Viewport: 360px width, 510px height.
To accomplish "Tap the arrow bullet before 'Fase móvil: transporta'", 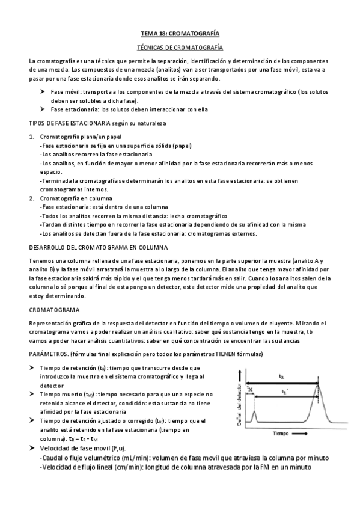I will pyautogui.click(x=43, y=91).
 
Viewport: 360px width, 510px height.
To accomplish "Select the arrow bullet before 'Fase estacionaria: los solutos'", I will pyautogui.click(x=43, y=109).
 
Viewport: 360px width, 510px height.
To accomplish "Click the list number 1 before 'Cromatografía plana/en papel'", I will pyautogui.click(x=31, y=137).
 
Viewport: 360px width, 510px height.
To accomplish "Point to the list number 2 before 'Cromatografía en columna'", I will pyautogui.click(x=31, y=198).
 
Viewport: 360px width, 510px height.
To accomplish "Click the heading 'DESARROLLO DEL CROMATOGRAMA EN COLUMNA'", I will pyautogui.click(x=90, y=247).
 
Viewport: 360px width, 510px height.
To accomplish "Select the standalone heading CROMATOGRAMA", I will pyautogui.click(x=55, y=310).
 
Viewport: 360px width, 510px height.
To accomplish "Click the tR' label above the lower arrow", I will pyautogui.click(x=292, y=391).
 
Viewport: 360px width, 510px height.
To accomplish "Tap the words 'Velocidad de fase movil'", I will pyautogui.click(x=75, y=449).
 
